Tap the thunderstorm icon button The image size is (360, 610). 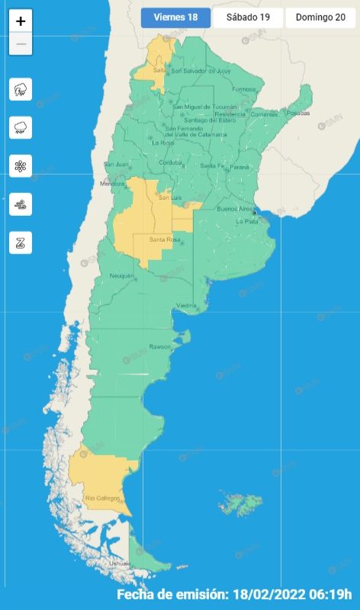tap(21, 89)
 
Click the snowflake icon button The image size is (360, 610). tap(21, 166)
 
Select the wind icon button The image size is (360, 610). tap(21, 204)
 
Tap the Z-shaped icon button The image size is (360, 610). tap(21, 242)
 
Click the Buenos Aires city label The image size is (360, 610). tap(235, 208)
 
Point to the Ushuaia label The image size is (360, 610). tap(121, 563)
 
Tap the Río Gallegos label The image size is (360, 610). tap(102, 499)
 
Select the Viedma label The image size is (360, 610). tap(187, 306)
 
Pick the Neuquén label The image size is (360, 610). tap(122, 275)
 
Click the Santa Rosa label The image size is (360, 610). tap(163, 240)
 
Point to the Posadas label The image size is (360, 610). tap(298, 113)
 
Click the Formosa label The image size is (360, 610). tap(244, 89)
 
